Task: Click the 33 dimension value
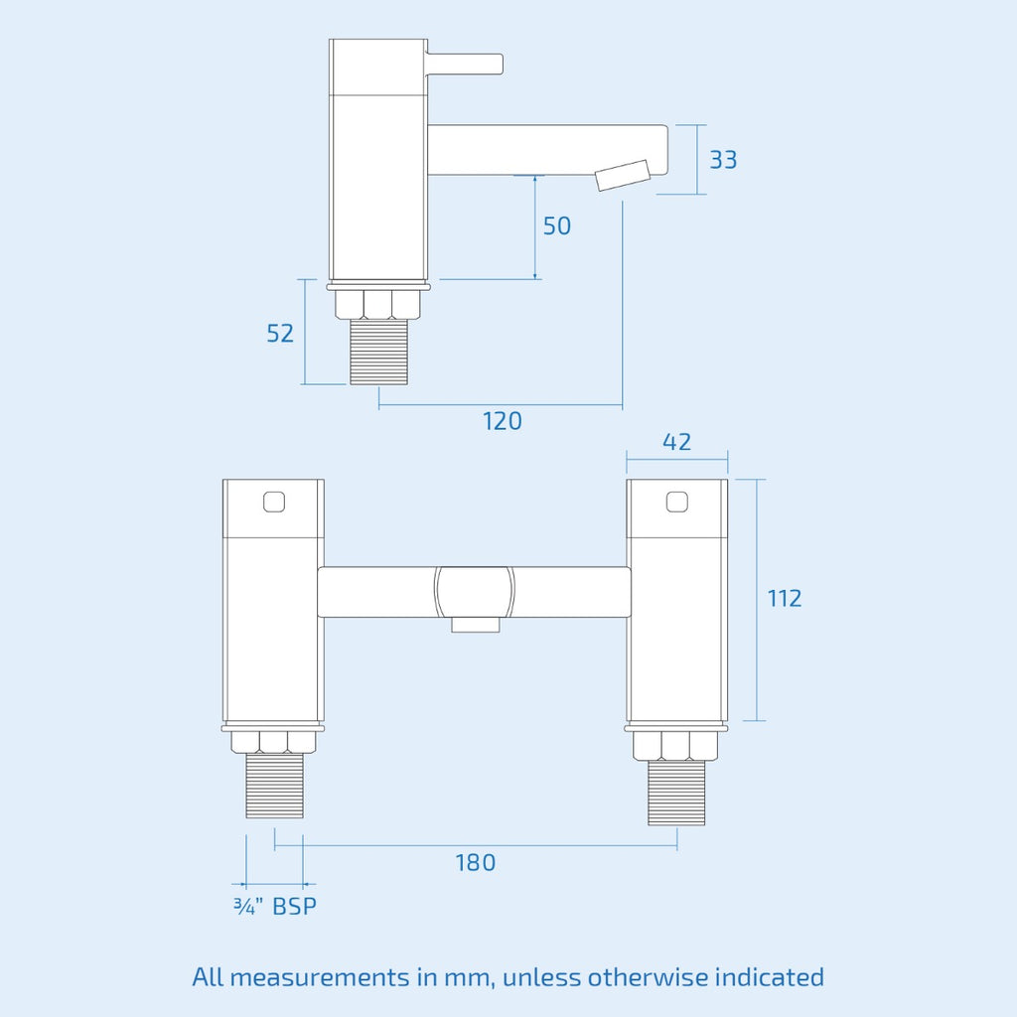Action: pos(723,160)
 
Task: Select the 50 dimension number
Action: pos(556,225)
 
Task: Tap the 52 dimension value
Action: pos(280,334)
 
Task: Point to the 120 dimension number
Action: pos(502,421)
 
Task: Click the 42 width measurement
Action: pos(676,442)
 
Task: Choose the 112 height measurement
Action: pos(785,598)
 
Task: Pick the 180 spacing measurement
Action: pos(475,863)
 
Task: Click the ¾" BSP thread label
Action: pos(275,906)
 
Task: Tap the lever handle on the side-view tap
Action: pos(465,64)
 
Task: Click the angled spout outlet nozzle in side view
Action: pos(624,175)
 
